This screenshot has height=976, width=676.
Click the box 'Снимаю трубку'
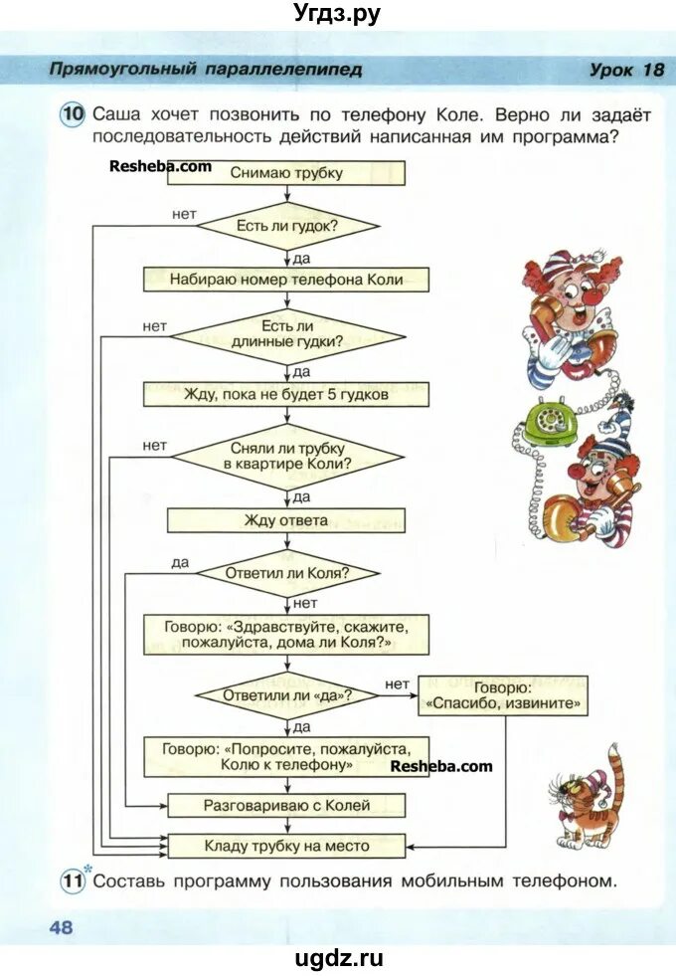[x=286, y=173]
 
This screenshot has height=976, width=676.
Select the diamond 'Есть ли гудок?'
[x=286, y=226]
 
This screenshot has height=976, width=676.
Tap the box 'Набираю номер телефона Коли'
[x=286, y=280]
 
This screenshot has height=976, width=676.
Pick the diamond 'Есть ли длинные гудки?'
[x=286, y=333]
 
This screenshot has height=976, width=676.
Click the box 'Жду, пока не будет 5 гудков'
[x=286, y=394]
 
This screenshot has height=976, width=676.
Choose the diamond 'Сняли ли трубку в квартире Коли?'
[x=286, y=457]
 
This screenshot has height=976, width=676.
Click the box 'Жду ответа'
[x=286, y=520]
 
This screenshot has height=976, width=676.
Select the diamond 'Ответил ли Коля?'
[x=286, y=574]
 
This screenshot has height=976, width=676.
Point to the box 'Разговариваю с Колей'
[x=286, y=805]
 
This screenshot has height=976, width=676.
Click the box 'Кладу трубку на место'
[x=286, y=846]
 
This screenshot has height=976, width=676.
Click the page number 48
[x=61, y=927]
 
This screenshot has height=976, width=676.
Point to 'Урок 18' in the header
[x=625, y=70]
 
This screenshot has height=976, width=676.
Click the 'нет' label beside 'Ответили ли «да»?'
[x=396, y=683]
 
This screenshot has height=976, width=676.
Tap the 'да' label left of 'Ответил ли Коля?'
[x=179, y=562]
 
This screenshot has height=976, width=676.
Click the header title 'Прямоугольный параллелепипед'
[x=206, y=70]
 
